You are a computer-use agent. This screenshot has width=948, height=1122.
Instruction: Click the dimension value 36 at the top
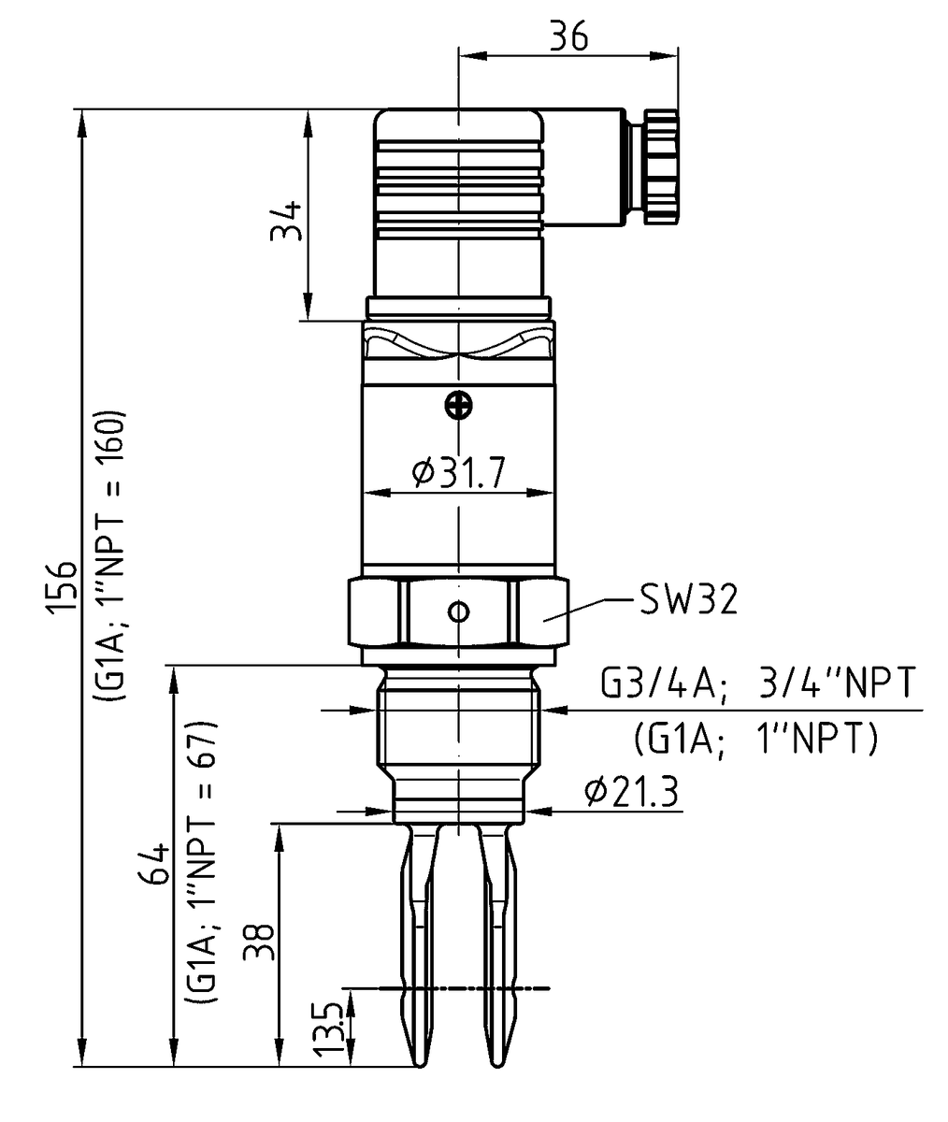(x=568, y=36)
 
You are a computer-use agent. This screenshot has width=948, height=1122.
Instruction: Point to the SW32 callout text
(x=688, y=600)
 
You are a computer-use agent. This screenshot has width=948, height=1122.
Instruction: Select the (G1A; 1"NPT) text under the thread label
(x=755, y=740)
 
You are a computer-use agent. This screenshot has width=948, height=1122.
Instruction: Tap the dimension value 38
(x=259, y=942)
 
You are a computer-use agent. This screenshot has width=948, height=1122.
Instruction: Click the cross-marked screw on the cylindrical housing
(x=458, y=405)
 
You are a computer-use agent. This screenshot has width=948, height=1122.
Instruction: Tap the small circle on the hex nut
(x=458, y=612)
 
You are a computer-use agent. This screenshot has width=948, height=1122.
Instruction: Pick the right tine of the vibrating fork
(x=497, y=944)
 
